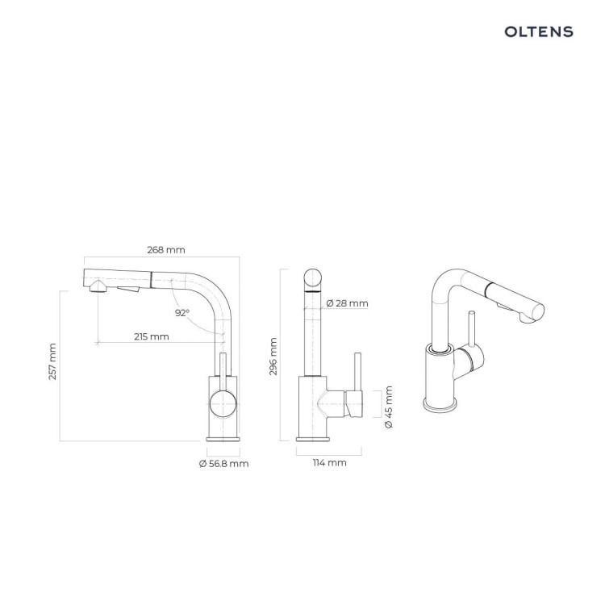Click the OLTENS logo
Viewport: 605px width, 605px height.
539,31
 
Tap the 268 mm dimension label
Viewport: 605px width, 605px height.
166,250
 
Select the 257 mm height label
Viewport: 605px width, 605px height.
52,361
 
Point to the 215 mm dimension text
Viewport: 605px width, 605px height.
152,337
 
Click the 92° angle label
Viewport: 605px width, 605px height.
182,313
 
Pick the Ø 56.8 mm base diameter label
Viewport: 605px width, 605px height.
223,463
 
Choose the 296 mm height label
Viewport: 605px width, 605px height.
273,357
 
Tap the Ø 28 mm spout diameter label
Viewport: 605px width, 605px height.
347,303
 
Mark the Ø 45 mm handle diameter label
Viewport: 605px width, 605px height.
389,407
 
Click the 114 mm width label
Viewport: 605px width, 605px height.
329,463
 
